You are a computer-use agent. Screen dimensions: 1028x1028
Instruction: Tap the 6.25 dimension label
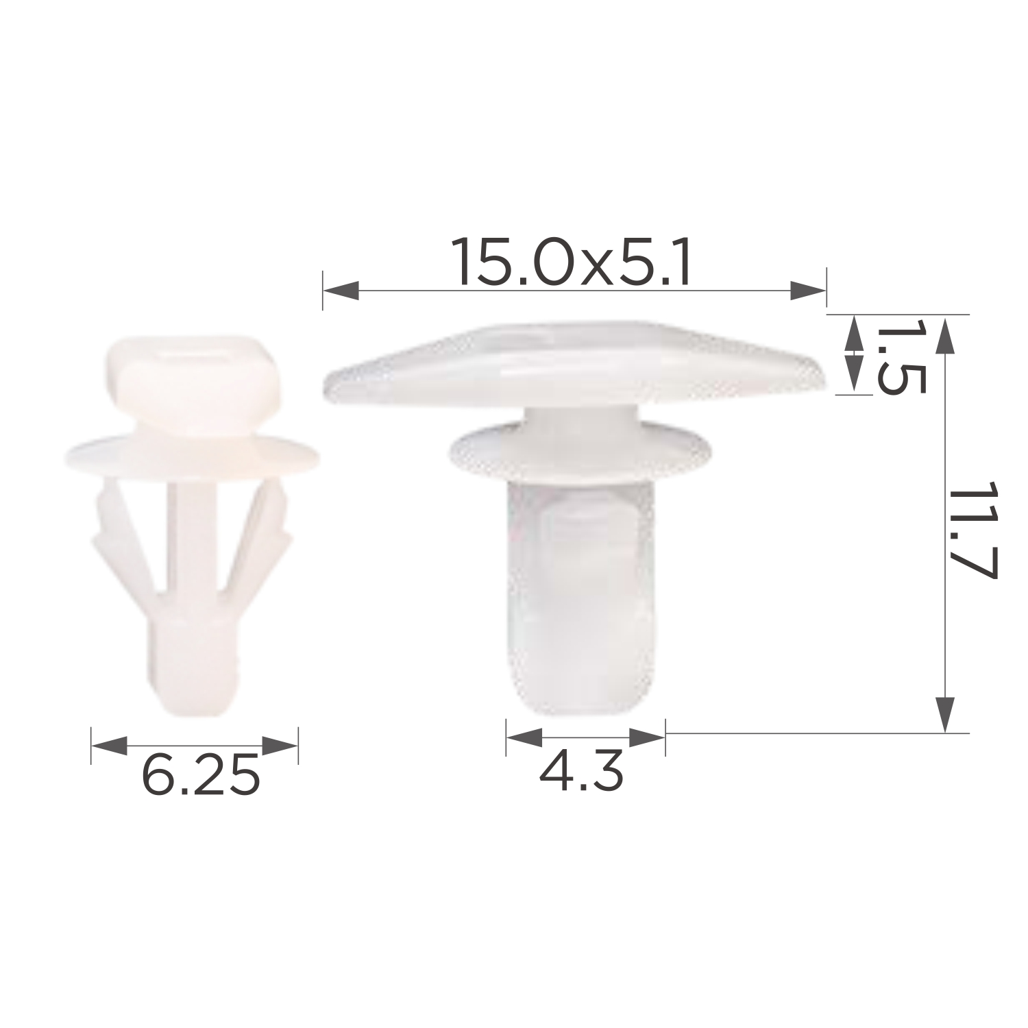tap(201, 775)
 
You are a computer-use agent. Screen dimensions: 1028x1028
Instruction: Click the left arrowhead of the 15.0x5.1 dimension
tap(341, 290)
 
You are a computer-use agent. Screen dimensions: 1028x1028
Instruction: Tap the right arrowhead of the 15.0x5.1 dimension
tap(808, 290)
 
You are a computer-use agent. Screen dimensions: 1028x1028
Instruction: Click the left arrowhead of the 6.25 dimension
tap(109, 746)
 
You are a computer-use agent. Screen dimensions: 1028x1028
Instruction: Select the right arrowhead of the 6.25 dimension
tap(280, 746)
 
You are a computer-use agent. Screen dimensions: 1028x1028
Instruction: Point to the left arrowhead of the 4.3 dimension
tap(524, 737)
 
